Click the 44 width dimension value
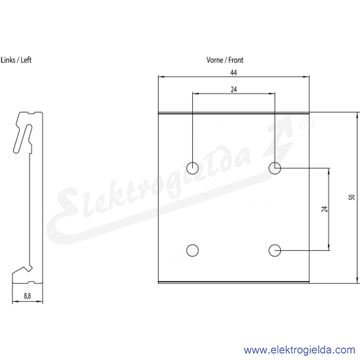tap(233, 73)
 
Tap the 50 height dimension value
tap(352, 197)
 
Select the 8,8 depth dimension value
tap(27, 296)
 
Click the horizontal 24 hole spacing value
tap(233, 89)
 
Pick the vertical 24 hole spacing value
tap(324, 209)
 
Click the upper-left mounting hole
tap(192, 168)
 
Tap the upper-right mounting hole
tap(275, 168)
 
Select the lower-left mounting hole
tap(192, 250)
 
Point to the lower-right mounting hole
tap(275, 250)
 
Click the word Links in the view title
tap(8, 60)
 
